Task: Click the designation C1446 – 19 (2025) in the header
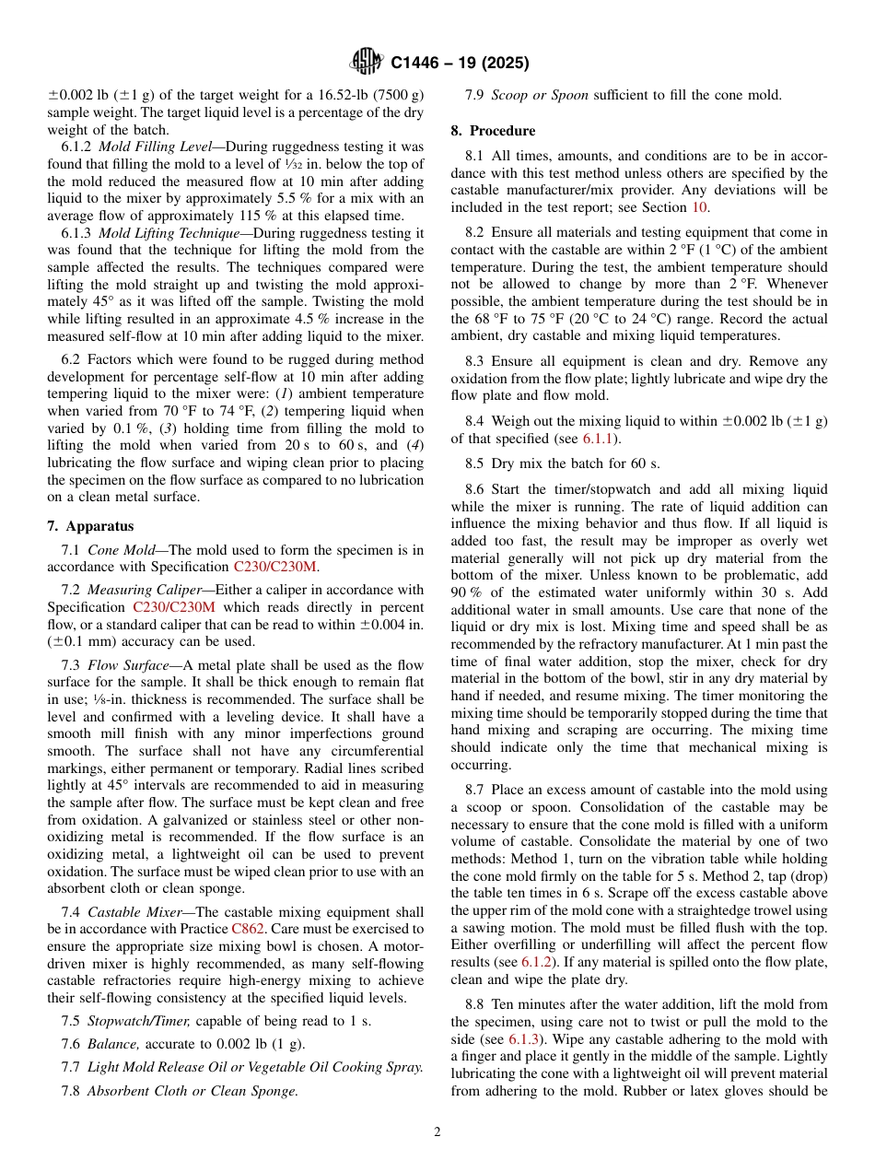[x=460, y=64]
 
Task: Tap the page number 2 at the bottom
[x=437, y=1132]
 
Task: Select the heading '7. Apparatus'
[x=90, y=526]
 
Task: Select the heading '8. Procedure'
[x=493, y=131]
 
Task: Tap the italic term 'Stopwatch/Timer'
[x=138, y=1020]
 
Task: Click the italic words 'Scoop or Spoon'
[x=540, y=95]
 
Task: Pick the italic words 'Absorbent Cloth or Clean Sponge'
[x=192, y=1091]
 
